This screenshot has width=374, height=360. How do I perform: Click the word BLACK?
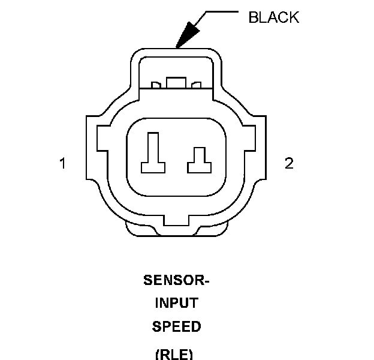(273, 17)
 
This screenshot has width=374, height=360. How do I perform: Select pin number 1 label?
(62, 163)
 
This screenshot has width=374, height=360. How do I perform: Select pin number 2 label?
(289, 163)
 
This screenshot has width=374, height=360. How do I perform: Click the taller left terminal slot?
(153, 153)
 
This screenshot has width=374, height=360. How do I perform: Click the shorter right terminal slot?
(200, 160)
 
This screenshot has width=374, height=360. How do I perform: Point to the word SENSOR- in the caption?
(176, 280)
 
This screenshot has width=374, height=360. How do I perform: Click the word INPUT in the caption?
(176, 303)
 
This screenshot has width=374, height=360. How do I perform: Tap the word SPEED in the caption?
(176, 326)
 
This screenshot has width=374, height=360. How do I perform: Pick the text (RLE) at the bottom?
(174, 355)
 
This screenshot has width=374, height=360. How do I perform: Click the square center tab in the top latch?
(176, 83)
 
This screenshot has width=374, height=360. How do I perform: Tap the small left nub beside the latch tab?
(156, 85)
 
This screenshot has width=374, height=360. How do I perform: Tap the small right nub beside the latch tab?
(197, 85)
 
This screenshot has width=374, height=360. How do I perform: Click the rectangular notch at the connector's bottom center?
(176, 220)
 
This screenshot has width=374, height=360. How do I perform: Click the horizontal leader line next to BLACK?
(222, 11)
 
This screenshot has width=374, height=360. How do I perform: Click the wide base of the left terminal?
(153, 168)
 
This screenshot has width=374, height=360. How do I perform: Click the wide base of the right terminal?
(200, 168)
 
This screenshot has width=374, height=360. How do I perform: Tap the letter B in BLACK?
(253, 17)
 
